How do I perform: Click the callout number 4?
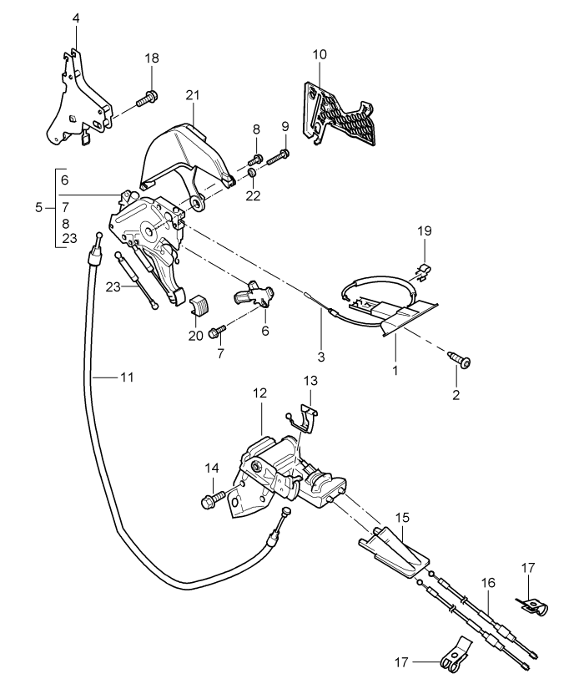(x=76, y=18)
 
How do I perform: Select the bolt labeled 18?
(x=147, y=99)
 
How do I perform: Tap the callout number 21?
(x=193, y=95)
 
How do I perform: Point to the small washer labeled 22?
(x=251, y=173)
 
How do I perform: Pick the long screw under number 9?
(x=279, y=157)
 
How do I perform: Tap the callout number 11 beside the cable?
(x=127, y=377)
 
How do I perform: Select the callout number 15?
(x=402, y=518)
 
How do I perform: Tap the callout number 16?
(x=488, y=583)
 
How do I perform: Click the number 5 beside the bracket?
(x=38, y=207)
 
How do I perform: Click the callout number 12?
(x=259, y=393)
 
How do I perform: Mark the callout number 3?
(x=321, y=357)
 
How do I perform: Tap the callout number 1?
(x=395, y=370)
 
